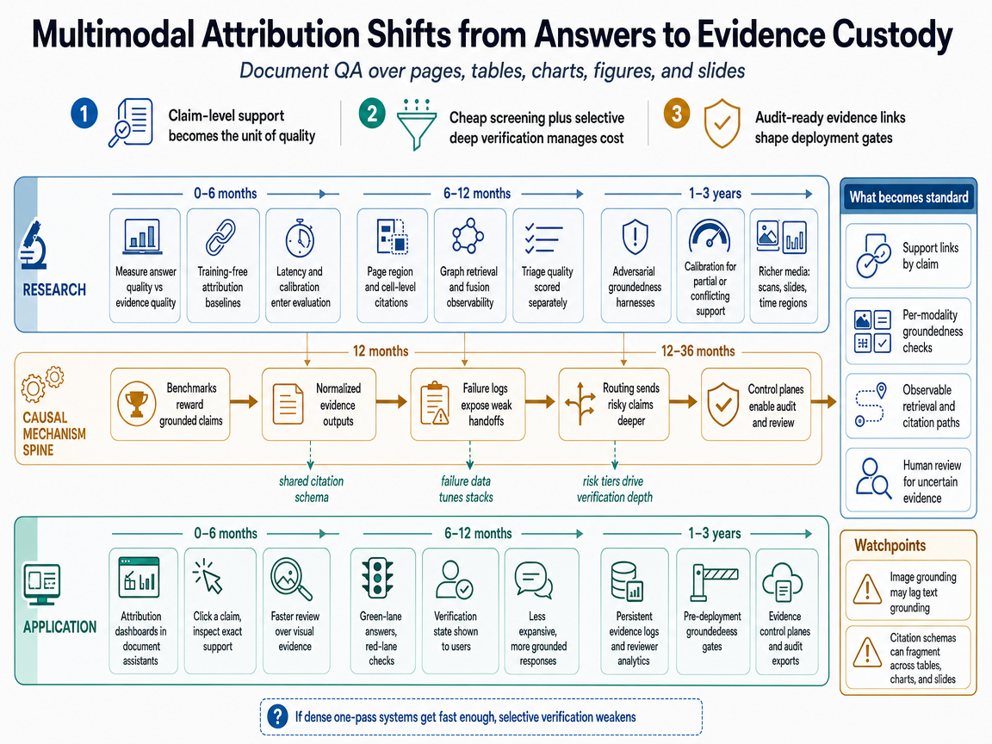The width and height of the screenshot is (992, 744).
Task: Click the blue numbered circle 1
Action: [84, 115]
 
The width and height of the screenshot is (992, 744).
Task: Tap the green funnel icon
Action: [416, 124]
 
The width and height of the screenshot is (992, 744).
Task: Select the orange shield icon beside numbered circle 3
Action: [722, 123]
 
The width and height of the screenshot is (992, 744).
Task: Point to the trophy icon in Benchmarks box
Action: [137, 404]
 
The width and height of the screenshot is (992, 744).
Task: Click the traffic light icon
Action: [378, 578]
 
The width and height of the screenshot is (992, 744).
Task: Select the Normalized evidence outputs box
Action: [319, 404]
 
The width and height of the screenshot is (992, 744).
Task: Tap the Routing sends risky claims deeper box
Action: [614, 404]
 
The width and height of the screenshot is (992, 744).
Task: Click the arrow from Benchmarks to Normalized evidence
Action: [245, 401]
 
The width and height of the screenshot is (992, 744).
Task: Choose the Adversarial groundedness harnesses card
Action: [635, 266]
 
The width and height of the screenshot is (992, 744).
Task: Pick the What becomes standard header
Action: [908, 197]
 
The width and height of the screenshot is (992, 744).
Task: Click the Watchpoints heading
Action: [890, 545]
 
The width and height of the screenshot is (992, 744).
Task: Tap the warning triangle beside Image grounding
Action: [867, 590]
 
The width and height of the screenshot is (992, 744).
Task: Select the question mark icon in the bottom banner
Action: [278, 716]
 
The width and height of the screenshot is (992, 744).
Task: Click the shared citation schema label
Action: [311, 489]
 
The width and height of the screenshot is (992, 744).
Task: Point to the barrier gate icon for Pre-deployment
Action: [713, 582]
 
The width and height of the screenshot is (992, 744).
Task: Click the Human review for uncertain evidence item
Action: [908, 480]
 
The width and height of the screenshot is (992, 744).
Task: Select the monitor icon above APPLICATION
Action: [41, 583]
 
